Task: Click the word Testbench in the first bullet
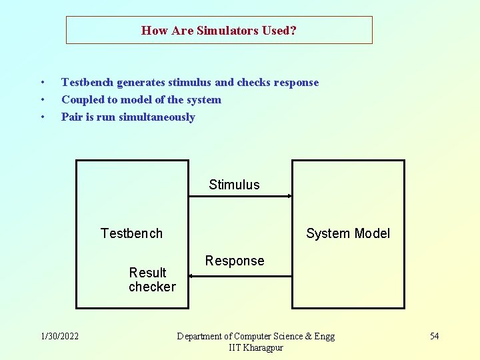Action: [88, 83]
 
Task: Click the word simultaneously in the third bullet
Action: [157, 117]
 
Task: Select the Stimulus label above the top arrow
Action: [234, 185]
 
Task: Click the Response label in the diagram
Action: [235, 261]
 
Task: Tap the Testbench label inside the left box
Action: [131, 233]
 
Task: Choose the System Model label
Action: [348, 233]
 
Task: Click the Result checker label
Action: [152, 279]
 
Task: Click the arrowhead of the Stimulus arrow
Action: [290, 196]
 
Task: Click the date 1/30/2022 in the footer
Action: [59, 336]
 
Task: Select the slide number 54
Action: [434, 336]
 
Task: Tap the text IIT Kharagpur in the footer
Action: [256, 348]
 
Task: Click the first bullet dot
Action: [42, 83]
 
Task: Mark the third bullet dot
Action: [42, 117]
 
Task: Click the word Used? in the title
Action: [279, 31]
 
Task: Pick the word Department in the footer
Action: [203, 337]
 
